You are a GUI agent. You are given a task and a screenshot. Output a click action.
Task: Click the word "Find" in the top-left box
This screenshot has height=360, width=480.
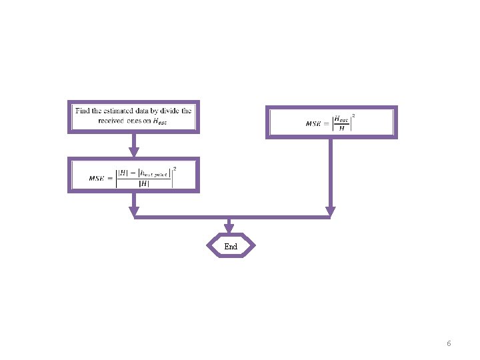coord(83,111)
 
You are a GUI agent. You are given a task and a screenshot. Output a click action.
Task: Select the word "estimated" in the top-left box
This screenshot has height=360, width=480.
coord(119,111)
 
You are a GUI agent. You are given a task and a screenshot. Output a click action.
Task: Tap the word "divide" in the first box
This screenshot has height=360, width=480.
coord(167,111)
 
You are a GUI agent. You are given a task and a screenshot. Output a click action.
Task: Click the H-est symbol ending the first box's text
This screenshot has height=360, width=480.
coord(160,121)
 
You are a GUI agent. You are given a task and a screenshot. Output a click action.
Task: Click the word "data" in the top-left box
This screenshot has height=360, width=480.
coord(145,111)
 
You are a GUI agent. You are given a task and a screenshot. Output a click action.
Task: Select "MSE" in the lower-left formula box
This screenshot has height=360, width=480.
coord(97,178)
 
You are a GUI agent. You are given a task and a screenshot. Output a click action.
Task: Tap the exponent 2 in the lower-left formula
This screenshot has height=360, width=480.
coord(174,169)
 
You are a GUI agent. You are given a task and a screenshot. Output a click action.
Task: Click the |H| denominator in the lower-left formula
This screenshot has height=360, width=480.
coord(143,184)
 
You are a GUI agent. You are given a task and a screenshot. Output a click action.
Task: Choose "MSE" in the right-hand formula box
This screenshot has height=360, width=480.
coord(313,123)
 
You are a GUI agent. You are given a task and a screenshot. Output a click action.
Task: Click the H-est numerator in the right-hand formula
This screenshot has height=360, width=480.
coord(341,119)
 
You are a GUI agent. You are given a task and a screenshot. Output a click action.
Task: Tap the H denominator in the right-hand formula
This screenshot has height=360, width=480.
coord(341,128)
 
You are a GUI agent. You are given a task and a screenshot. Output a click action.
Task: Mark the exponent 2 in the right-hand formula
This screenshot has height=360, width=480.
coord(353,115)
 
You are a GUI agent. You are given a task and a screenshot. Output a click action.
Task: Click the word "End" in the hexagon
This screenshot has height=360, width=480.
coord(231,247)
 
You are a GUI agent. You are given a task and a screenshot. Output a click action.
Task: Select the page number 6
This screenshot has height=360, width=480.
coord(449,343)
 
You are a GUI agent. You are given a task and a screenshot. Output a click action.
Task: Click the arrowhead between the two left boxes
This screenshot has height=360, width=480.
coord(133,153)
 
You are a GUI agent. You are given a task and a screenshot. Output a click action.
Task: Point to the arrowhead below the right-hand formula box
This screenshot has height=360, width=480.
coord(330,211)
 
